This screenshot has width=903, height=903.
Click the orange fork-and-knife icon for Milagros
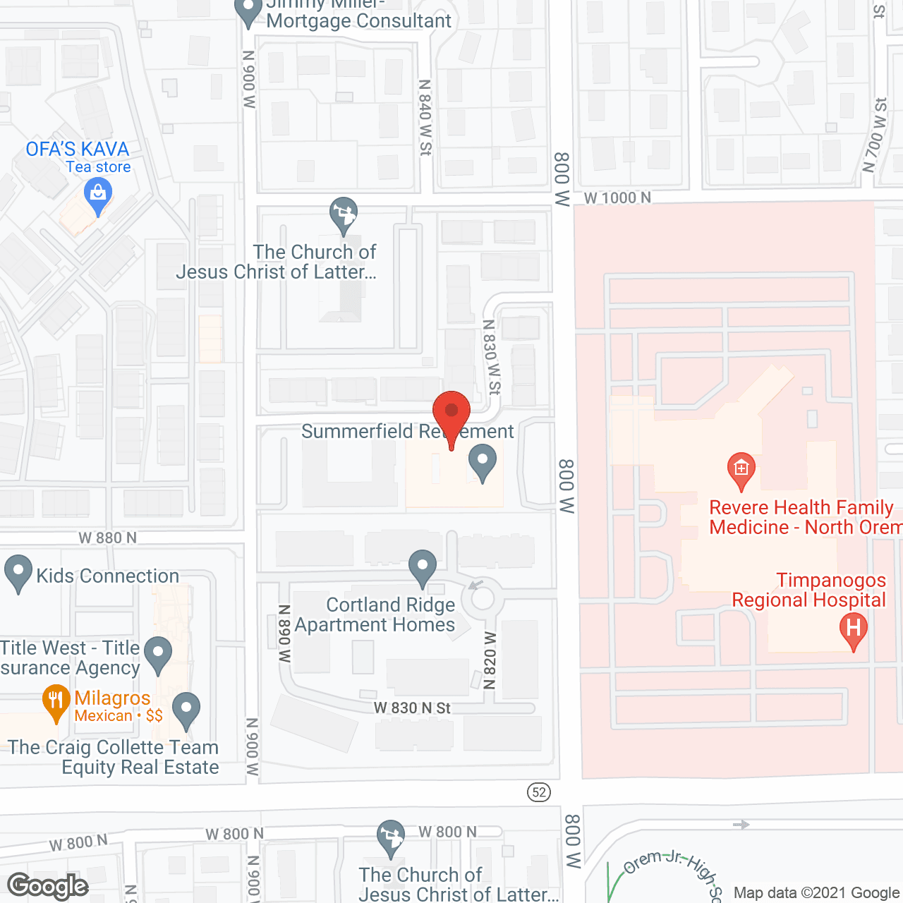point(56,703)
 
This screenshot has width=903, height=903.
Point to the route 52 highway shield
point(539,792)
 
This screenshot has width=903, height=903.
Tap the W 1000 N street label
point(617,198)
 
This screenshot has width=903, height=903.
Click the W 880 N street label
point(107,538)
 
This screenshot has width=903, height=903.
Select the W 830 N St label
point(412,708)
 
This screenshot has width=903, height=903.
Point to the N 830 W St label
point(491,357)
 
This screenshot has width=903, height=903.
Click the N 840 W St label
point(425,117)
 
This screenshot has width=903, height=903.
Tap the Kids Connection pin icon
point(18,573)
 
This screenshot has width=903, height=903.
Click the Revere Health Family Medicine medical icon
point(741,469)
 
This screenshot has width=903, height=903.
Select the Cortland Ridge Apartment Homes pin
point(423,567)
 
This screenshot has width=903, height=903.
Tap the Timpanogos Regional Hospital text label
point(809,590)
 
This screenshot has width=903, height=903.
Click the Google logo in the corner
point(48,886)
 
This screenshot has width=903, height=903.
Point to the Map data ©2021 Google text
point(817,893)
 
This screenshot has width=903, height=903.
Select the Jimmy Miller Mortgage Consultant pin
point(248,12)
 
